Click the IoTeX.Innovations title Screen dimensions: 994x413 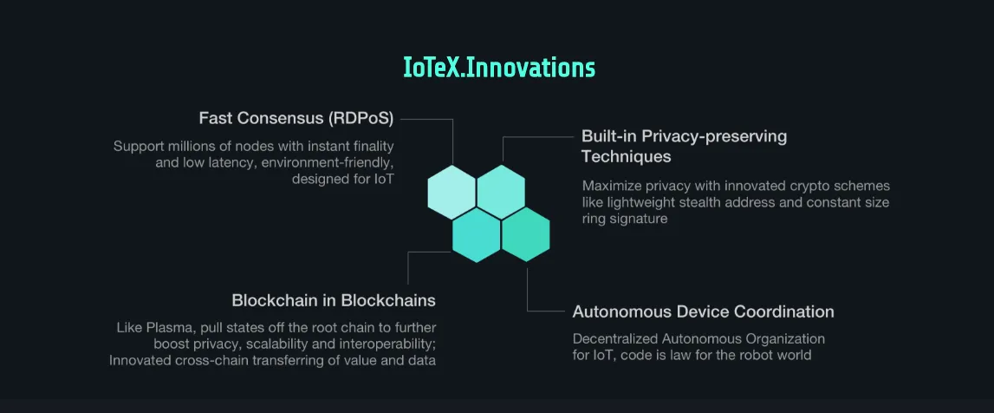pyautogui.click(x=499, y=68)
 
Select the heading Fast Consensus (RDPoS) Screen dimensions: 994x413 pyautogui.click(x=296, y=118)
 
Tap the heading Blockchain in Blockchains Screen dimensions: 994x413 pyautogui.click(x=334, y=300)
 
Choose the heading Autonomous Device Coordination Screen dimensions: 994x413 pyautogui.click(x=703, y=311)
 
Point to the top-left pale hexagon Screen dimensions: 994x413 pyautogui.click(x=452, y=192)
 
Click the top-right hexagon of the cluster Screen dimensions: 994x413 pyautogui.click(x=501, y=192)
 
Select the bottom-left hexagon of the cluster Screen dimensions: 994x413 pyautogui.click(x=476, y=235)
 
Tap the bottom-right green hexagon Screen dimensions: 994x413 pyautogui.click(x=525, y=235)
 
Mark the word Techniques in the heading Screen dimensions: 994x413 pyautogui.click(x=627, y=155)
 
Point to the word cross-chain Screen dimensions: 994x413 pyautogui.click(x=237, y=361)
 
